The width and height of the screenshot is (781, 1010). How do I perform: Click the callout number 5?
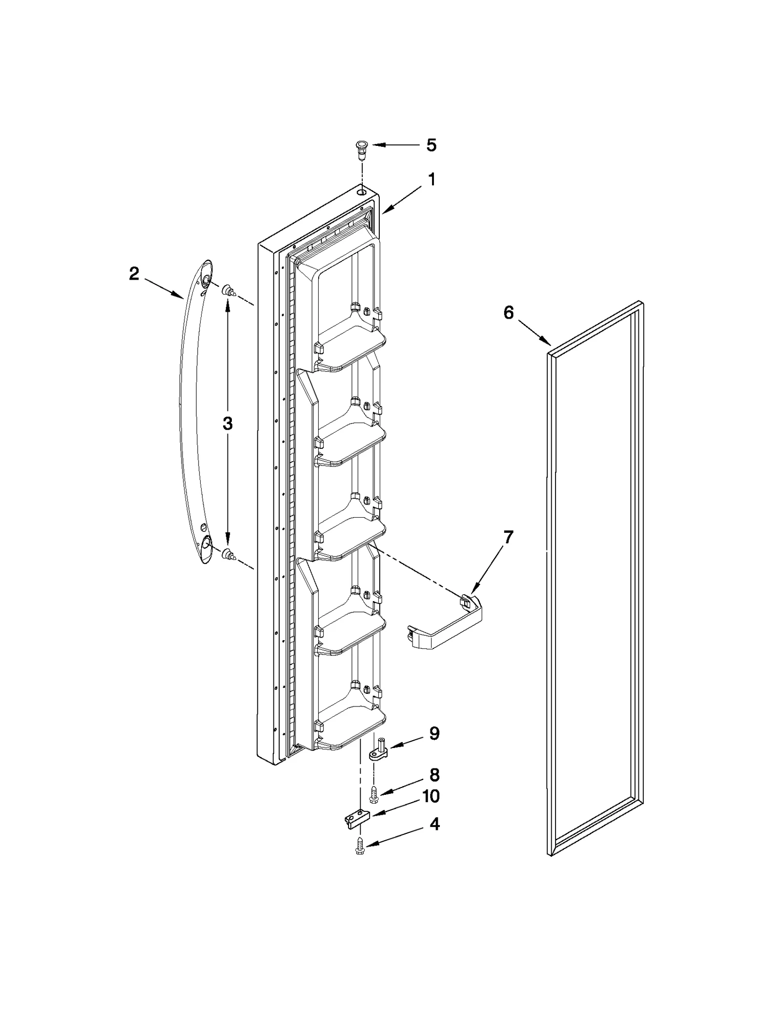(x=431, y=145)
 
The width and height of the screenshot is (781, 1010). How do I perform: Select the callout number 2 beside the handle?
(x=134, y=274)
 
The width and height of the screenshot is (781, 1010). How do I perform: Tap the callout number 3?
(x=227, y=424)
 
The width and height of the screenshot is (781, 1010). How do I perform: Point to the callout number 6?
(x=509, y=313)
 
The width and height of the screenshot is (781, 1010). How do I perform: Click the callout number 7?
(x=509, y=537)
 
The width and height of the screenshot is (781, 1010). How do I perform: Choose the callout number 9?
(x=434, y=747)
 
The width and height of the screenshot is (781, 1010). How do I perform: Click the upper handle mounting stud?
(x=228, y=292)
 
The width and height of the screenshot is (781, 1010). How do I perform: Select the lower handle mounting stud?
(x=228, y=554)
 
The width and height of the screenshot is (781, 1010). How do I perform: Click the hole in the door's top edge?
(x=361, y=193)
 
